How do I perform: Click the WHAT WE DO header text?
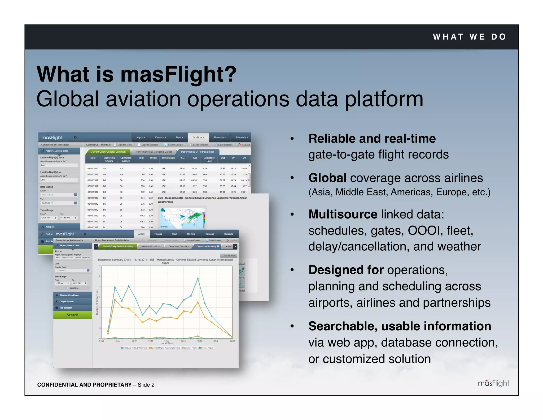469,37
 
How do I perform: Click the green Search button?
72,315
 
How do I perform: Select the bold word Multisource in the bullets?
343,214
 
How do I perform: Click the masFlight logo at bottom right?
493,383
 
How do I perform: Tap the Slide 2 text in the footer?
146,385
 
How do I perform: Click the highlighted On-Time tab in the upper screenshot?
198,138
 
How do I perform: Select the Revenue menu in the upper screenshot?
220,138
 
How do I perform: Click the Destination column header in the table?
168,158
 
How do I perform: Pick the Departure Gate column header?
209,159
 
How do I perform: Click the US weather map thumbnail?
182,218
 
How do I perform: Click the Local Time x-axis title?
167,344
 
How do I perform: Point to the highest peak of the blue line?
198,278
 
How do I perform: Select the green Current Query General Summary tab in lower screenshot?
118,246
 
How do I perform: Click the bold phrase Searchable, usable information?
400,326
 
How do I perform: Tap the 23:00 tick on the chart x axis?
232,341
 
